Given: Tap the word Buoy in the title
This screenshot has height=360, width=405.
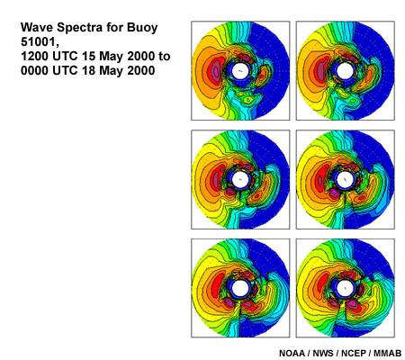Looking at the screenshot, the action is [142, 28].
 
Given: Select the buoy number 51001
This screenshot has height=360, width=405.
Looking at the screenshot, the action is [39, 42].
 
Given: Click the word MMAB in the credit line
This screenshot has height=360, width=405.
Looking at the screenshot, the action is [388, 354].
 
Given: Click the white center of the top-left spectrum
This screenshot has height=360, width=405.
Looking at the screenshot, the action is [240, 71].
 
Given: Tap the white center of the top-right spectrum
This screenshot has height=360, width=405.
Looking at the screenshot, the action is [346, 71].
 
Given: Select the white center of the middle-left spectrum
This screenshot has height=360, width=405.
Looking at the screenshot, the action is [240, 179].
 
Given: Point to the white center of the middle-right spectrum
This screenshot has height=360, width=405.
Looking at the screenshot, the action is [346, 179].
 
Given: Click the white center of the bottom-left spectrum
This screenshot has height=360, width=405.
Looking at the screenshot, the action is [240, 288].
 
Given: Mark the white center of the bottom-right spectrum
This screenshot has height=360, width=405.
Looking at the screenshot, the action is [346, 288].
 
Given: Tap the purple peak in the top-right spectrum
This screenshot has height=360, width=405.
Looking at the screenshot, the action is [320, 69].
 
